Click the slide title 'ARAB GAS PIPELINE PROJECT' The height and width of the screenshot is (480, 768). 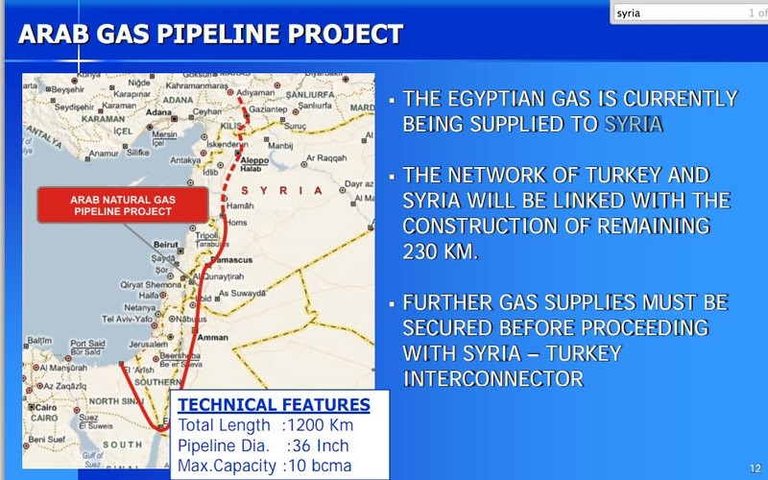(211, 36)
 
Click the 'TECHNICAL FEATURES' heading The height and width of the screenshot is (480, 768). (275, 404)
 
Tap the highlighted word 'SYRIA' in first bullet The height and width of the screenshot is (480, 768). (634, 125)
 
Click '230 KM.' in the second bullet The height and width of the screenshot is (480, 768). (440, 252)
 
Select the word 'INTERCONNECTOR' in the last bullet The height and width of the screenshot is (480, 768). (492, 378)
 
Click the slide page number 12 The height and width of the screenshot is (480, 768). (754, 468)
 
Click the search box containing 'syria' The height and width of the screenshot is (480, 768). (672, 12)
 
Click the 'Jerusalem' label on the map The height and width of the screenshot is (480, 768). (151, 343)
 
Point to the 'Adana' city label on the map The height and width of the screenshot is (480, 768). (178, 98)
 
